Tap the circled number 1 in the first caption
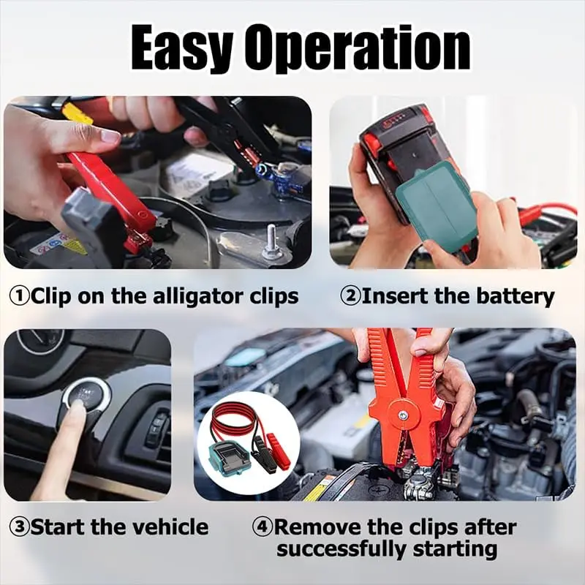[x=19, y=297]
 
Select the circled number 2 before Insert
[x=350, y=297]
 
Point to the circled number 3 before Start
[x=19, y=526]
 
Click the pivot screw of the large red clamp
[x=403, y=414]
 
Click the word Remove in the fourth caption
[x=319, y=526]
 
